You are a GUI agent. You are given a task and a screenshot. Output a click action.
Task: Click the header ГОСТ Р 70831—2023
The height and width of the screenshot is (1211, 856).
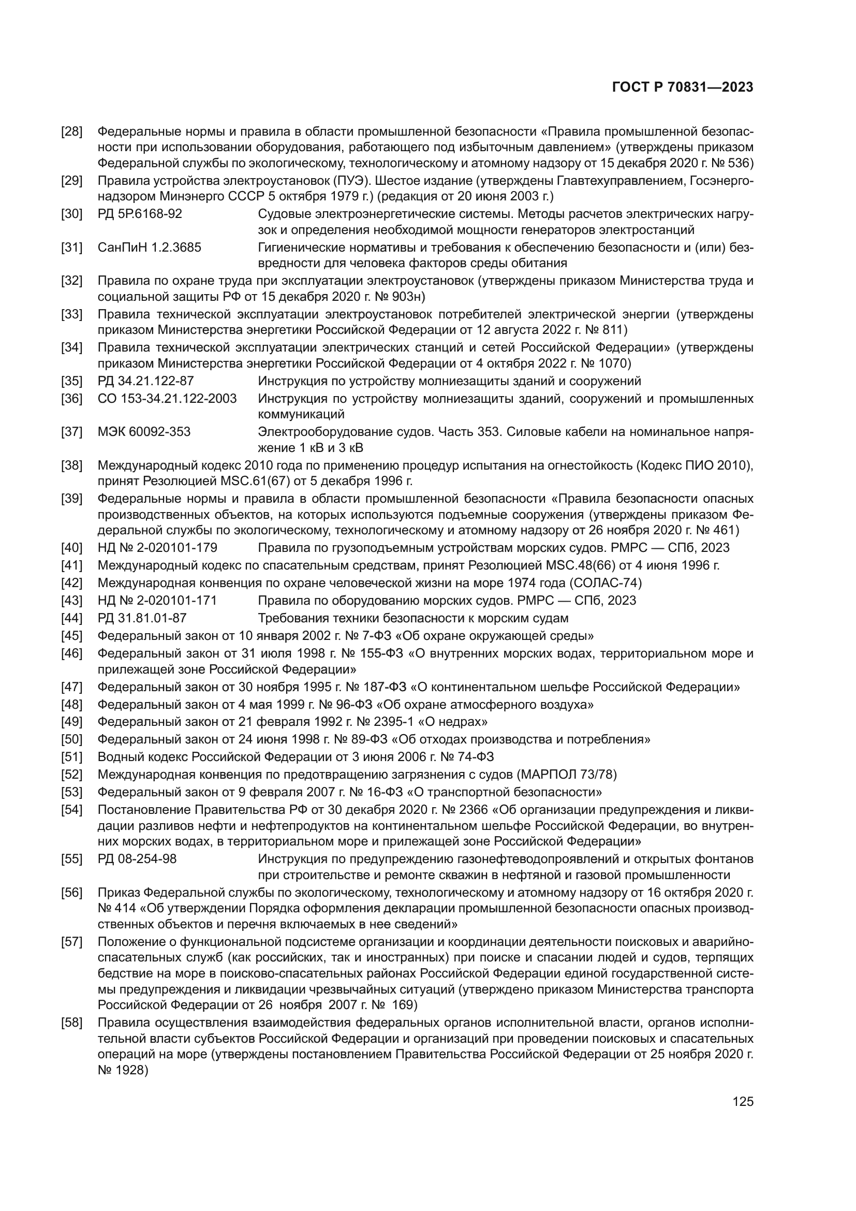click(683, 87)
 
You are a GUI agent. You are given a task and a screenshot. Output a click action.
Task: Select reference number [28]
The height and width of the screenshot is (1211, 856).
click(72, 132)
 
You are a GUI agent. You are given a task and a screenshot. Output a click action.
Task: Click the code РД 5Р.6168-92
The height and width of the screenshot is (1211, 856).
click(140, 214)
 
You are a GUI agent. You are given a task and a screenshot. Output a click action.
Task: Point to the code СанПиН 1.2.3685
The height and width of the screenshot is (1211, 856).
click(149, 247)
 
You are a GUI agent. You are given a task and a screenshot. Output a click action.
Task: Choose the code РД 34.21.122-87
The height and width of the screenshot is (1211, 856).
click(145, 381)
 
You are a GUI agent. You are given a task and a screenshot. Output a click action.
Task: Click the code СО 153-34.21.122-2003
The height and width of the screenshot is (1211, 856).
click(167, 398)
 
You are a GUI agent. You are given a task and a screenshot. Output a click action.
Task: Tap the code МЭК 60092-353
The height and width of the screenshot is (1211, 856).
click(144, 432)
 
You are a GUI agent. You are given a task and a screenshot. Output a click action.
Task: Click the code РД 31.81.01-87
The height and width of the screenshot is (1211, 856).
click(142, 618)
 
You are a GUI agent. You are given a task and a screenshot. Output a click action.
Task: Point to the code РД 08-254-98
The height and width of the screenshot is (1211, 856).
click(137, 858)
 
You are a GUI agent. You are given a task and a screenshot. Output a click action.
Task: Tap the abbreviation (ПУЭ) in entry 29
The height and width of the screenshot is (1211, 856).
click(350, 181)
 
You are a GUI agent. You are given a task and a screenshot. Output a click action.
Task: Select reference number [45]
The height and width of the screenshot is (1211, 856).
click(72, 636)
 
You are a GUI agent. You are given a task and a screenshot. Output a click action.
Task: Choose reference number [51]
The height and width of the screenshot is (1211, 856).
click(72, 757)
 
